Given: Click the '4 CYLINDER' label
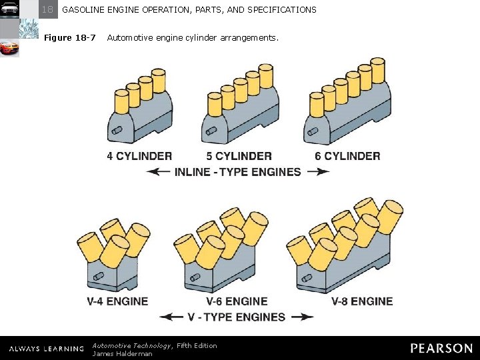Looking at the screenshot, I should tap(139, 156).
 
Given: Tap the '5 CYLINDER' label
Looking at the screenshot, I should tap(239, 156).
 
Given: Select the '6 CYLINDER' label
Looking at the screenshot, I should tap(347, 156).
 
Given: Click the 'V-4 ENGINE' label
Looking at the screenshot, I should tap(117, 301).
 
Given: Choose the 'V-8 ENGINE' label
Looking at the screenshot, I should tap(362, 301).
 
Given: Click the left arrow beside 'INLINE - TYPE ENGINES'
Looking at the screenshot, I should tap(158, 172).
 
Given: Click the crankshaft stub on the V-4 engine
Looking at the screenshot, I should tap(99, 277).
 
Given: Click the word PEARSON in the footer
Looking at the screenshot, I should tap(441, 348).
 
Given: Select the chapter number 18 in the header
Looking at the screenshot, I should tap(47, 9).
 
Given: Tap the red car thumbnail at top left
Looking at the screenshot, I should tap(9, 48).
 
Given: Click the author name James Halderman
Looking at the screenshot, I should tap(122, 353).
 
